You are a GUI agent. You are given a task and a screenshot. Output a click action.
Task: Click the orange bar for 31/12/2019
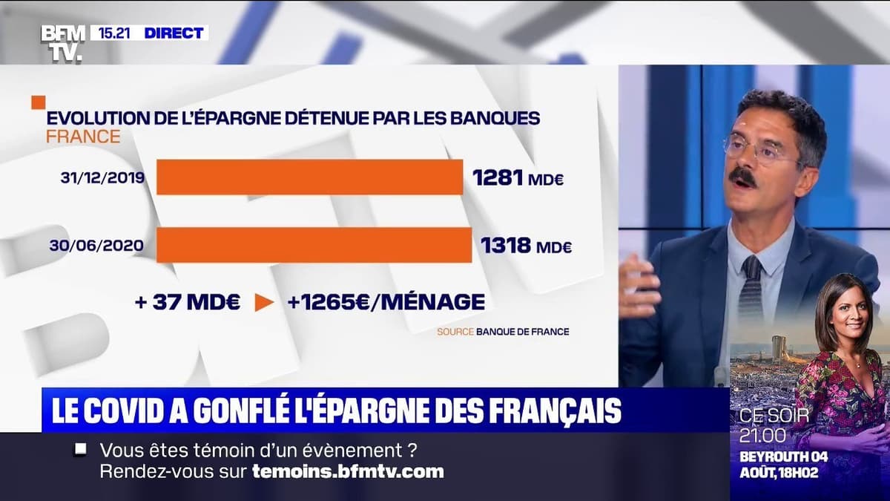tap(309, 177)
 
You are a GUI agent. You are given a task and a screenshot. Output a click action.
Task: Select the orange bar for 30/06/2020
tap(314, 245)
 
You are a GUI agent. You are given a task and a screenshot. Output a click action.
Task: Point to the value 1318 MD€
tap(526, 246)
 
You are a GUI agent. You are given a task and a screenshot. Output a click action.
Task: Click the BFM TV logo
tap(62, 42)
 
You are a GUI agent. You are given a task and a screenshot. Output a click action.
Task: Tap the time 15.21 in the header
tap(114, 33)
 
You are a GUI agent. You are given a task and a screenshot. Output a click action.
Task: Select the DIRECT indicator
tap(174, 33)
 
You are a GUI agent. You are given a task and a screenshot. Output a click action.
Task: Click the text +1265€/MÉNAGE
tap(386, 302)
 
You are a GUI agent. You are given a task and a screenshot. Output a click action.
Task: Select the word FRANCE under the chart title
tap(82, 137)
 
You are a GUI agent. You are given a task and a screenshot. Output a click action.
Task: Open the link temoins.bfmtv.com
tap(348, 471)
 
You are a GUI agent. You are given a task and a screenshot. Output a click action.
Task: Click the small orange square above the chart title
tap(38, 102)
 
